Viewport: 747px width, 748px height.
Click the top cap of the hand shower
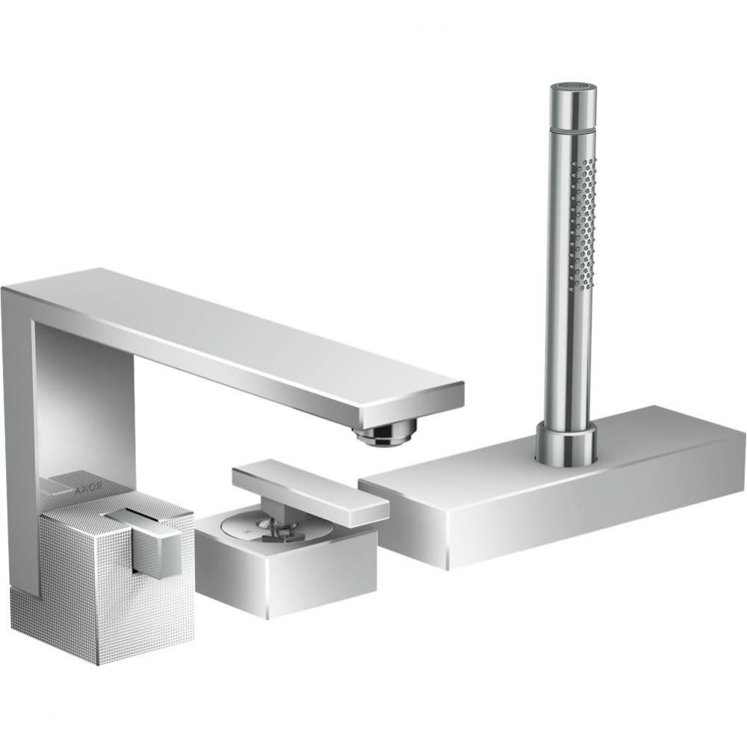click(x=573, y=96)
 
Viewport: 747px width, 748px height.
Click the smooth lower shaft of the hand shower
click(x=567, y=359)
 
